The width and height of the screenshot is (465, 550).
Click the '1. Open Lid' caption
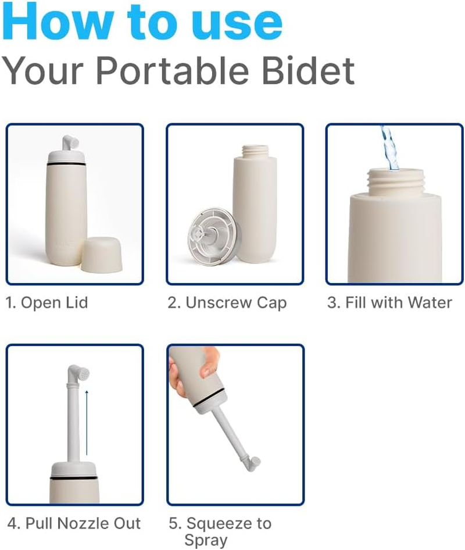coord(46,303)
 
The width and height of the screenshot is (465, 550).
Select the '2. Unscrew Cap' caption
coord(227,303)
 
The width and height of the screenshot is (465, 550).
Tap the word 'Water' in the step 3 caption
coord(430,302)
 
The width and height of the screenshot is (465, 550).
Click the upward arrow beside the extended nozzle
coord(87,422)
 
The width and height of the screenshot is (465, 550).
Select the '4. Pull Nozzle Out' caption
coord(74,523)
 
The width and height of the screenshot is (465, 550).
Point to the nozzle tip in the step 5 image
coord(252,463)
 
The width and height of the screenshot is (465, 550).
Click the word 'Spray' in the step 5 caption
coord(205,540)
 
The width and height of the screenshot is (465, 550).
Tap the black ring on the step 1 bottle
coord(68,166)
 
